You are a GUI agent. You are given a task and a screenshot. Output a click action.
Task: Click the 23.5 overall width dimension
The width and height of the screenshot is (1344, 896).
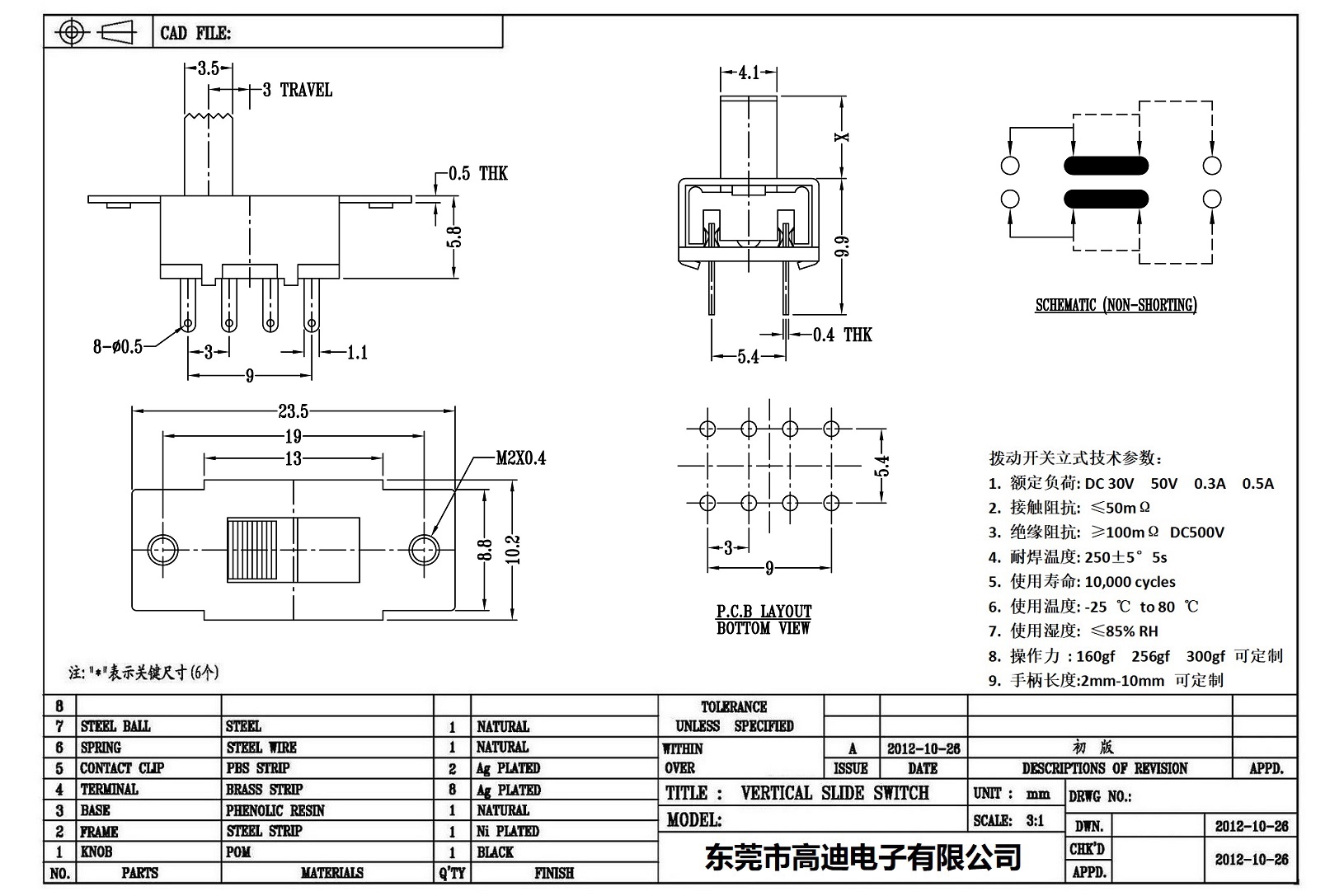tap(294, 411)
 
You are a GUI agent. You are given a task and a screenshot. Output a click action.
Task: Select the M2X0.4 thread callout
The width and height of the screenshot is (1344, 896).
tap(520, 458)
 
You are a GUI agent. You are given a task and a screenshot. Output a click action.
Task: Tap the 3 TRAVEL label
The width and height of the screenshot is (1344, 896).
tap(298, 90)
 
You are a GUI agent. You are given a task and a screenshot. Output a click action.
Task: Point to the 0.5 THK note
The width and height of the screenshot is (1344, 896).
tap(478, 174)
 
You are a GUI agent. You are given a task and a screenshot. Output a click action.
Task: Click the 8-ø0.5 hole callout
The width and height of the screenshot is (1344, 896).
tap(117, 347)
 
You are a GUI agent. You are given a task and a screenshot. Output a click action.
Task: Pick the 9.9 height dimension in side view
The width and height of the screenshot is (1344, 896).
tap(842, 247)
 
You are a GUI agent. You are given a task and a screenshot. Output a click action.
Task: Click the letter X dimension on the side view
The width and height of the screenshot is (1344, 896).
tap(842, 137)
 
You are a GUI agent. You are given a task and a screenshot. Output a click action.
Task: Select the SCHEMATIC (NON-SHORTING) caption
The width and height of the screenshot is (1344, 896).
tap(1116, 306)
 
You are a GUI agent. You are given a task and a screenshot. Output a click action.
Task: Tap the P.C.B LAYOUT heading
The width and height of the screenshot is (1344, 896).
tap(764, 612)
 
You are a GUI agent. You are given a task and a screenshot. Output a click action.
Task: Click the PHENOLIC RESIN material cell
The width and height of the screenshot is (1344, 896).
tap(275, 811)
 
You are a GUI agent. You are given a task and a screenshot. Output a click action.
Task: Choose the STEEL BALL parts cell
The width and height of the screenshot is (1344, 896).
tap(115, 726)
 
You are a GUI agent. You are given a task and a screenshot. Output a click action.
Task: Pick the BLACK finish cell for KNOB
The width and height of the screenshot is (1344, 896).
tap(495, 852)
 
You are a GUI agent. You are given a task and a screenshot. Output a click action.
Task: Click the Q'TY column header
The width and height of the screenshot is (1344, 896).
tap(452, 873)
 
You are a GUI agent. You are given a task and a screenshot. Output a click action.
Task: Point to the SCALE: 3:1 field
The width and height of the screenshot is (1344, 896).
tap(1008, 821)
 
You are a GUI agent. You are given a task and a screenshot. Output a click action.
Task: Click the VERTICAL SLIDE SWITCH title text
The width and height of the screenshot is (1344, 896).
tap(834, 794)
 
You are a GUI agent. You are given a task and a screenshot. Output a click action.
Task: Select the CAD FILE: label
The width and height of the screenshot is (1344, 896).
tap(195, 34)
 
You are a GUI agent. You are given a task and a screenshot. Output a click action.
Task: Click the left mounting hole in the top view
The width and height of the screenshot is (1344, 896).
tap(162, 548)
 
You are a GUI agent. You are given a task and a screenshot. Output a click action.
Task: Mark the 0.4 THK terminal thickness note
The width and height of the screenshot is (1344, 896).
tap(842, 335)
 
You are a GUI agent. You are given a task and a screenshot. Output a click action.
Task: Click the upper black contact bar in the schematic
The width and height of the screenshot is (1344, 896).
tap(1106, 166)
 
